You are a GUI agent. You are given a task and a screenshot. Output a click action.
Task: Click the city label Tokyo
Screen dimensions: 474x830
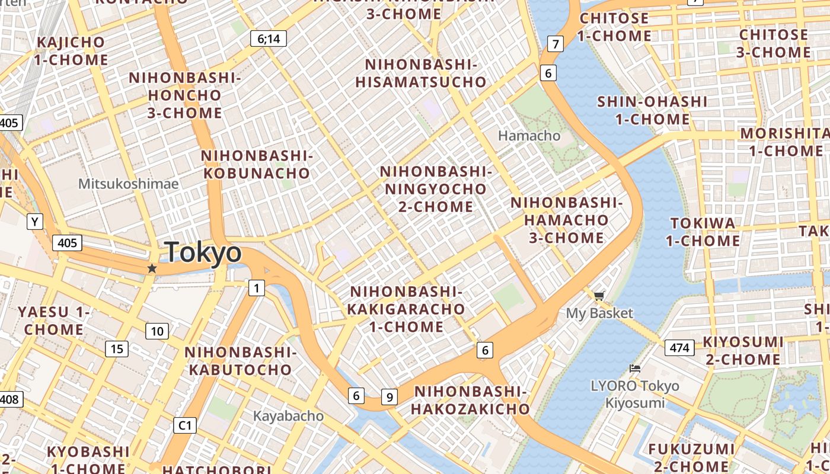(203, 253)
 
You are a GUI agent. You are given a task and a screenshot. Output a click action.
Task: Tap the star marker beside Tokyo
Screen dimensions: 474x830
(152, 268)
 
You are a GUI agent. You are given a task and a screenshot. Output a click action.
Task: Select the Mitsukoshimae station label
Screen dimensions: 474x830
(128, 184)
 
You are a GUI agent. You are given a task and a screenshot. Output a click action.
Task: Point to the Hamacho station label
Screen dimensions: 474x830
(529, 136)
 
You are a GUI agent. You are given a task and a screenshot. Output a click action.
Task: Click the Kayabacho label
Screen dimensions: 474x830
(288, 416)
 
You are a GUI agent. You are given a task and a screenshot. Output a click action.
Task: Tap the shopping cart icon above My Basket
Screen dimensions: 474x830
(599, 295)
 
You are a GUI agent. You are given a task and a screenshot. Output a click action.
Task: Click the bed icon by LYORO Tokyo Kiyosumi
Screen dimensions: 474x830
(635, 368)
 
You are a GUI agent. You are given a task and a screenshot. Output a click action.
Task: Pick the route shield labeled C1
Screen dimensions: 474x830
(186, 425)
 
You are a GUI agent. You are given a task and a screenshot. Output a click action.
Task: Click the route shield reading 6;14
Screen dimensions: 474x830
(268, 39)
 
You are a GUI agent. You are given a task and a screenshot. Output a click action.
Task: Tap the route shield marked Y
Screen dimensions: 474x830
(35, 222)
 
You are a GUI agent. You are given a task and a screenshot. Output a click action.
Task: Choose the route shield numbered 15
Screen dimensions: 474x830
(117, 349)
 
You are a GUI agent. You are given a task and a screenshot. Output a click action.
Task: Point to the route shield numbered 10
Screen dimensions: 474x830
(157, 331)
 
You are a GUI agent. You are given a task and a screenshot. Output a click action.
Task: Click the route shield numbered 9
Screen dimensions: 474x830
(389, 397)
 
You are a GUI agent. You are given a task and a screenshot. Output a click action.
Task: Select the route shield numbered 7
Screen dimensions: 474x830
(555, 44)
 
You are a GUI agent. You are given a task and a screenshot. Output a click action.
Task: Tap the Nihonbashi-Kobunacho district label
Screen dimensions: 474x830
(256, 164)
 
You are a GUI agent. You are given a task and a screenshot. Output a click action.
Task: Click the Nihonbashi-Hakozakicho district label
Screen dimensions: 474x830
(470, 400)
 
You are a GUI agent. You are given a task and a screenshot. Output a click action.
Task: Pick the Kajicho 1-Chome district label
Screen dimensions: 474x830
(71, 51)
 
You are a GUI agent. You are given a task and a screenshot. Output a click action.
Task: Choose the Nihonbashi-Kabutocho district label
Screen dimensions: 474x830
(240, 361)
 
